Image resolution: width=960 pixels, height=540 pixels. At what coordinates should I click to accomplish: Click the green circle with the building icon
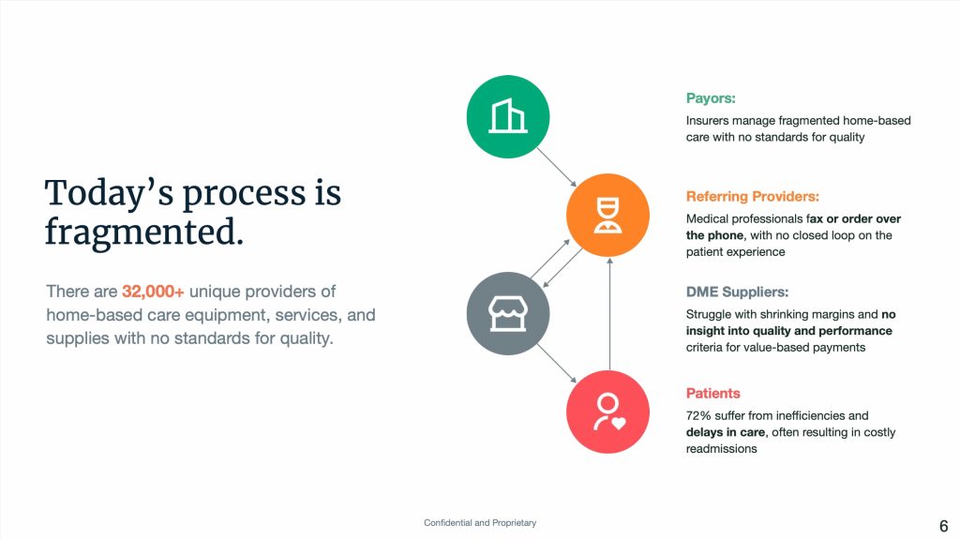pos(507,117)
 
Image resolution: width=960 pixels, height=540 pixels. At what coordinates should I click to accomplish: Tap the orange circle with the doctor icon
pos(607,215)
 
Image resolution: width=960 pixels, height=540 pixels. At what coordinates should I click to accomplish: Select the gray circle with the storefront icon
pos(507,313)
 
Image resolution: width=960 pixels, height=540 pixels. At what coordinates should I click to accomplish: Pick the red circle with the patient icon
pos(607,412)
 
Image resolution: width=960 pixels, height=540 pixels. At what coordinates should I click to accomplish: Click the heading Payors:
pos(711,98)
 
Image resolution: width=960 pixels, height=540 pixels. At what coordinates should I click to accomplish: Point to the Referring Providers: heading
pos(752,197)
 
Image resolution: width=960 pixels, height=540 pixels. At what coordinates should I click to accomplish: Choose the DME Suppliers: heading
pos(737,292)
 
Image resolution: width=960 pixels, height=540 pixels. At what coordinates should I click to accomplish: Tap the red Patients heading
pos(712,393)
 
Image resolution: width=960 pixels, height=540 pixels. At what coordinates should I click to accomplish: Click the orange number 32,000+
pos(153,292)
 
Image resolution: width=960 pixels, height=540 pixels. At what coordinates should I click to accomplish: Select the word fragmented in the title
pos(143,232)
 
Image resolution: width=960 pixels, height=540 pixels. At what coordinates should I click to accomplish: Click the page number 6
pos(943,526)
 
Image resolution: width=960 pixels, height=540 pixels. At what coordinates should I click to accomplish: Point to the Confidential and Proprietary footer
pos(480,523)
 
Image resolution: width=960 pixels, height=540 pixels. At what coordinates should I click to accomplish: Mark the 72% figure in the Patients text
pos(697,415)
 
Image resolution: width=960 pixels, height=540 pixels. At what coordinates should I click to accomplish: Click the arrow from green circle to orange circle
pos(557,167)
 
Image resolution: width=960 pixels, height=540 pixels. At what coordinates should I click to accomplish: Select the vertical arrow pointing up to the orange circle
pos(609,313)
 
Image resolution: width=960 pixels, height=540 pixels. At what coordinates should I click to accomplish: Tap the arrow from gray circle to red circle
pos(557,363)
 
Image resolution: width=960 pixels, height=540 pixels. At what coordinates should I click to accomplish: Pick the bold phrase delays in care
pos(725,432)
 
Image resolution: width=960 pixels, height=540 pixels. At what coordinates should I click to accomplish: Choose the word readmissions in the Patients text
pos(721,449)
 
